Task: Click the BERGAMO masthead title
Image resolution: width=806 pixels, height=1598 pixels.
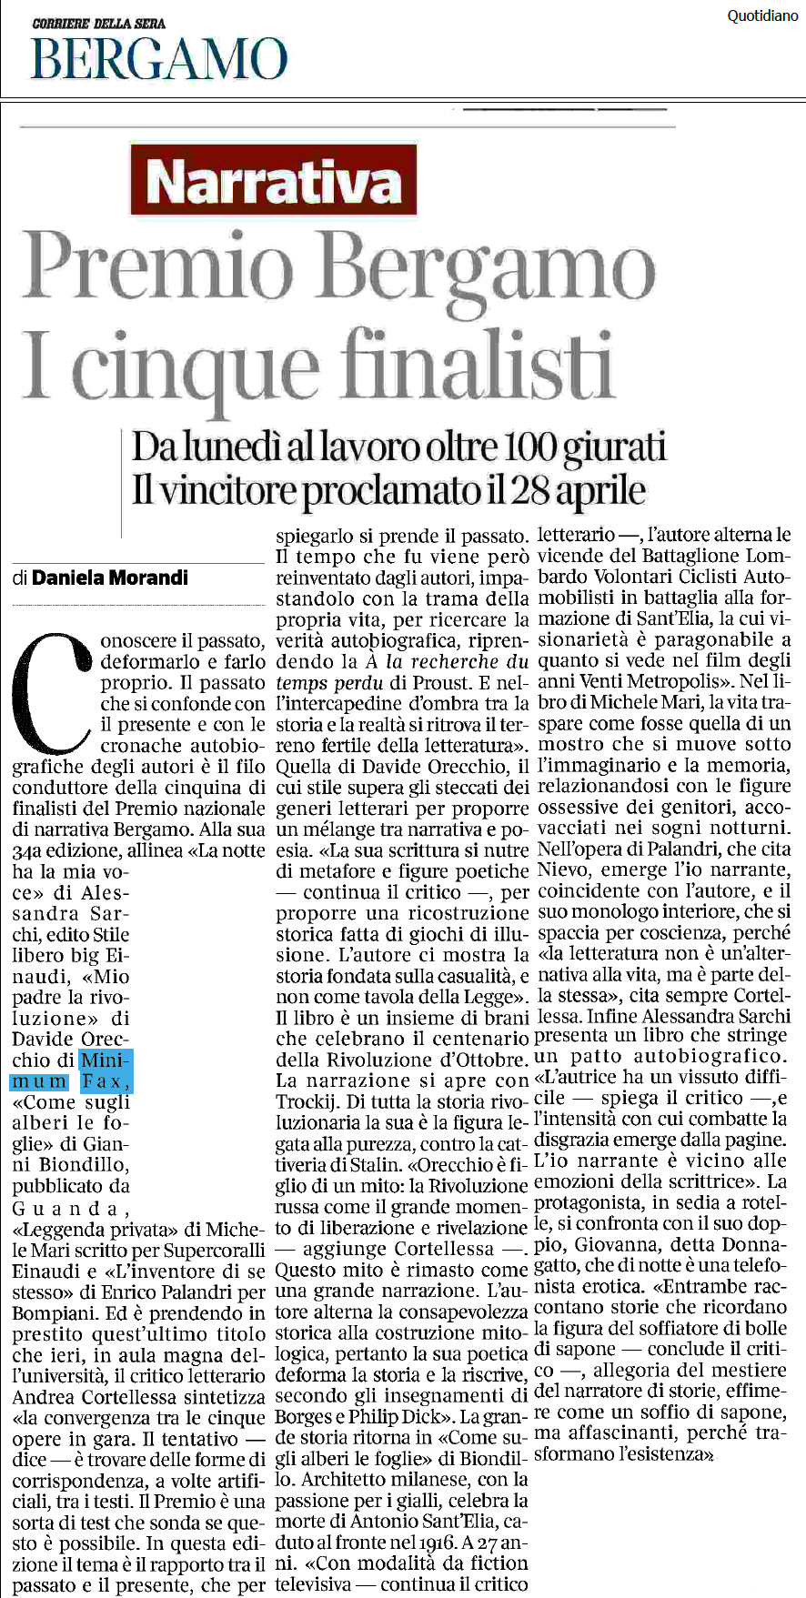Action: coord(159,59)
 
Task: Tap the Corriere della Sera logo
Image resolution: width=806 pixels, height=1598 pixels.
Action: coord(98,23)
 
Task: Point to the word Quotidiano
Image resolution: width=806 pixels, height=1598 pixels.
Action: coord(762,15)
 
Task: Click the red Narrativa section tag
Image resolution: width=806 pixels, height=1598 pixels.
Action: coord(273,181)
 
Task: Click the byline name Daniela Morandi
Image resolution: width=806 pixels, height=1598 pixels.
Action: coord(110,578)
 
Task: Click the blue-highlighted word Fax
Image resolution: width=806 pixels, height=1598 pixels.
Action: coord(106,1081)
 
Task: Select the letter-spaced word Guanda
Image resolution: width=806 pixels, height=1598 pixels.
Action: coord(65,1208)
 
